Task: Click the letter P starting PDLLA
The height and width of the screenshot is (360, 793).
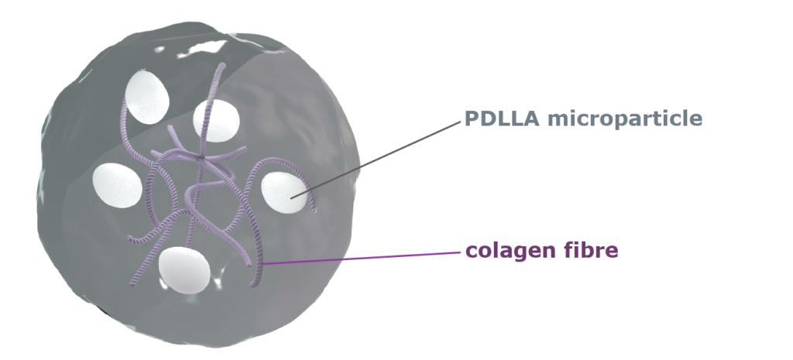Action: (x=471, y=119)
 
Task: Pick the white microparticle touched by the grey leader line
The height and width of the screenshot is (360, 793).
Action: (x=283, y=193)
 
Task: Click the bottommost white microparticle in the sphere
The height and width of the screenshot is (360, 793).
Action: (x=184, y=270)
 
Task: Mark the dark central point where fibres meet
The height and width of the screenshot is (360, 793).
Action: (x=201, y=157)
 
